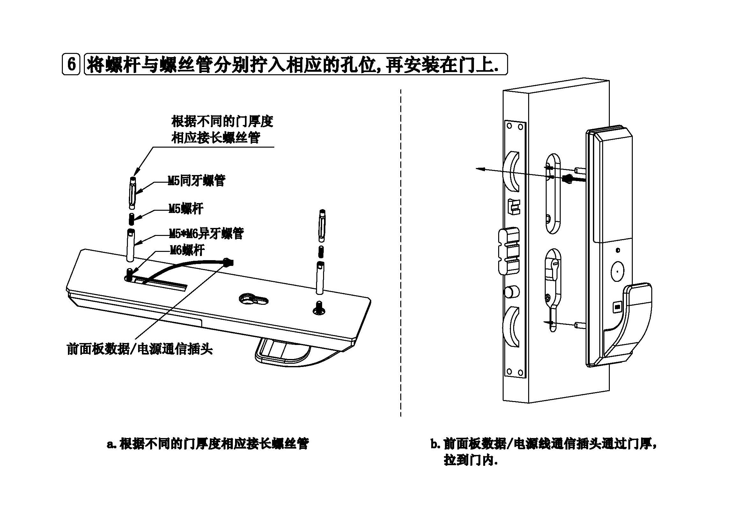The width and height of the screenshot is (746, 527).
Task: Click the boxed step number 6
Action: point(71,64)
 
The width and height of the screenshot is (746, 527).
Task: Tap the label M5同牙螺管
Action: point(196,181)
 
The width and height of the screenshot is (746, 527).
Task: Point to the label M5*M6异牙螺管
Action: point(206,233)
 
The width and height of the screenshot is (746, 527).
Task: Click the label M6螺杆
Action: point(187,250)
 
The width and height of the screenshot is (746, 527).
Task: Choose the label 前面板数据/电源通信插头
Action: point(139,349)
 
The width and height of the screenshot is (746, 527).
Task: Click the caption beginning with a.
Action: point(208,444)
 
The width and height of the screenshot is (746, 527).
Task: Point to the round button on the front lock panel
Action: point(617,270)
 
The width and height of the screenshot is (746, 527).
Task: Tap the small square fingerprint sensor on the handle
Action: point(617,306)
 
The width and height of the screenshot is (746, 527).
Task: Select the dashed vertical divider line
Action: point(401,253)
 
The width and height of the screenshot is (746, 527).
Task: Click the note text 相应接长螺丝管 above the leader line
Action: point(216,138)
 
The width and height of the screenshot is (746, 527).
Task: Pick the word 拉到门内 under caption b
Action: point(470,461)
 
